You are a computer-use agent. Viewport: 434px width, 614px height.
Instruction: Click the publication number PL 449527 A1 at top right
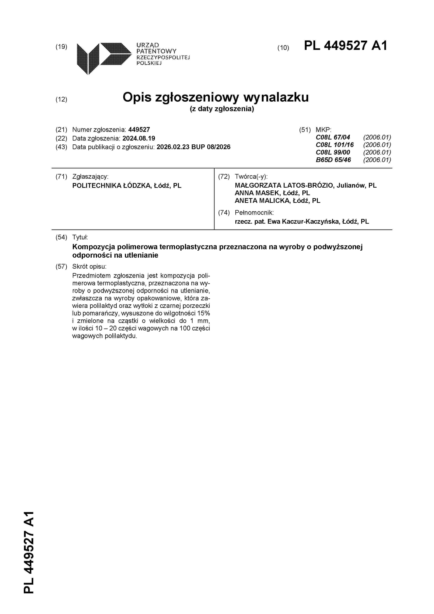345,46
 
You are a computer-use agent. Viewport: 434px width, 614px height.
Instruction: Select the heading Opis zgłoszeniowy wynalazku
216,97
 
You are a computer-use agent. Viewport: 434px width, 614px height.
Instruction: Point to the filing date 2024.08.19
139,138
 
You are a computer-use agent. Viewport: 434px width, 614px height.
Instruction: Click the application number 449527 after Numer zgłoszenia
139,130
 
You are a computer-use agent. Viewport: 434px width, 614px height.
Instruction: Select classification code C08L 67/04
333,137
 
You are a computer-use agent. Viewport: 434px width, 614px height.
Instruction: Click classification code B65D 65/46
333,160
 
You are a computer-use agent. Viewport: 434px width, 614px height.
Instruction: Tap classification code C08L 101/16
335,145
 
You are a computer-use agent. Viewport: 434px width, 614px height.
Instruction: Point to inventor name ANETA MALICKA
262,201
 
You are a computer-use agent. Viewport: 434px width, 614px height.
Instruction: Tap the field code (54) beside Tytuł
61,237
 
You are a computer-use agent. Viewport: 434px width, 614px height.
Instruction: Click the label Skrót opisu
89,266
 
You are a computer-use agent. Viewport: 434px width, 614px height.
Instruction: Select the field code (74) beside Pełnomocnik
224,213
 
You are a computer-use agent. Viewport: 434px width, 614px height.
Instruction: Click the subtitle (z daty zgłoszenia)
222,109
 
